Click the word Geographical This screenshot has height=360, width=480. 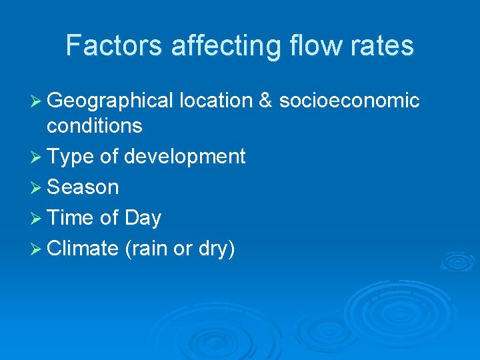[110, 101]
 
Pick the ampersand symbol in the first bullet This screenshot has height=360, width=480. [265, 101]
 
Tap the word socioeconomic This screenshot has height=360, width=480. [349, 101]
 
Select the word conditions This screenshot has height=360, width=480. [95, 125]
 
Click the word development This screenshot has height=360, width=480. [185, 157]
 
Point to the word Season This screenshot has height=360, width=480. [83, 187]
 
